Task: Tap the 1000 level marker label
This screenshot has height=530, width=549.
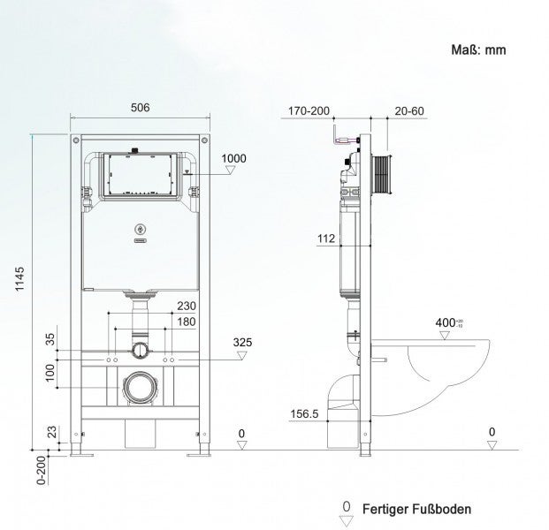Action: tap(233, 158)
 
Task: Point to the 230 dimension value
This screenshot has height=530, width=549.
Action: tap(186, 307)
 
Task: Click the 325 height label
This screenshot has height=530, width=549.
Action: tap(242, 341)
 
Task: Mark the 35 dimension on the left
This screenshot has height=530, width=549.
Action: tap(51, 337)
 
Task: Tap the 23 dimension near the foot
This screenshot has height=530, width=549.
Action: tap(51, 432)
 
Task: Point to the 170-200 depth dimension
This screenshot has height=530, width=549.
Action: tap(309, 111)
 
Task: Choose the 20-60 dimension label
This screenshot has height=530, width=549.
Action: tap(409, 111)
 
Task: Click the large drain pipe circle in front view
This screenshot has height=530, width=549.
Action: tap(137, 385)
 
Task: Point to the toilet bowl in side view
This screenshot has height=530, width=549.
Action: tap(441, 371)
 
